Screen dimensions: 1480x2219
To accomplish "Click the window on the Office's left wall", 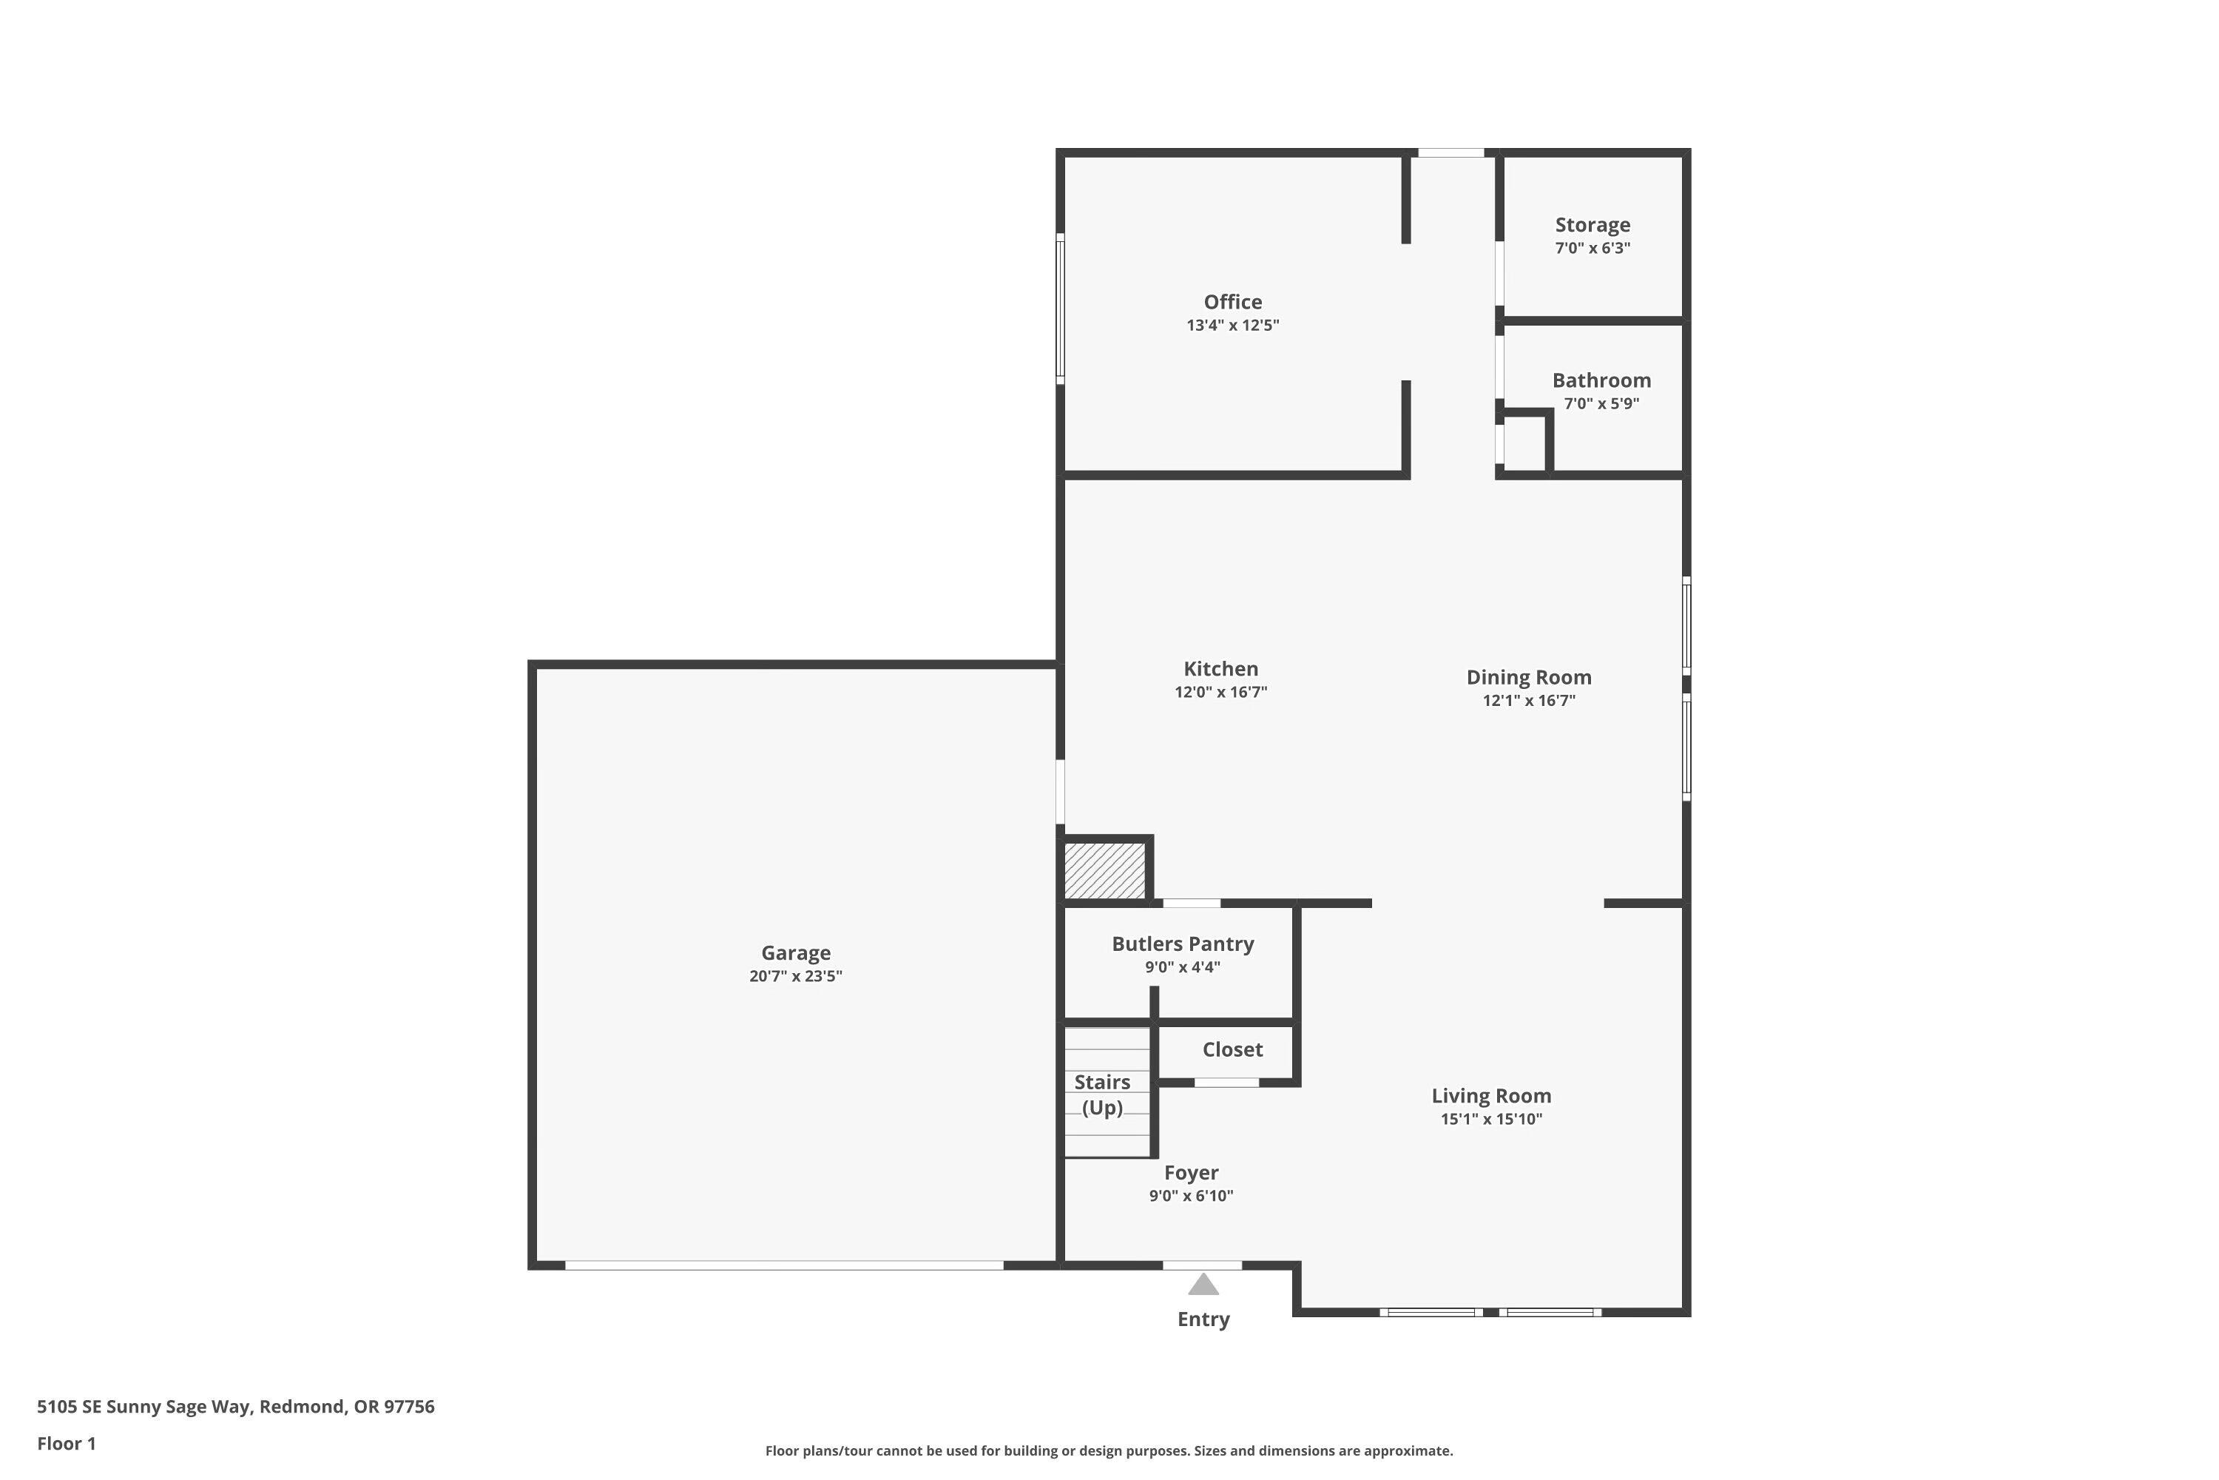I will pos(1061,309).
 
